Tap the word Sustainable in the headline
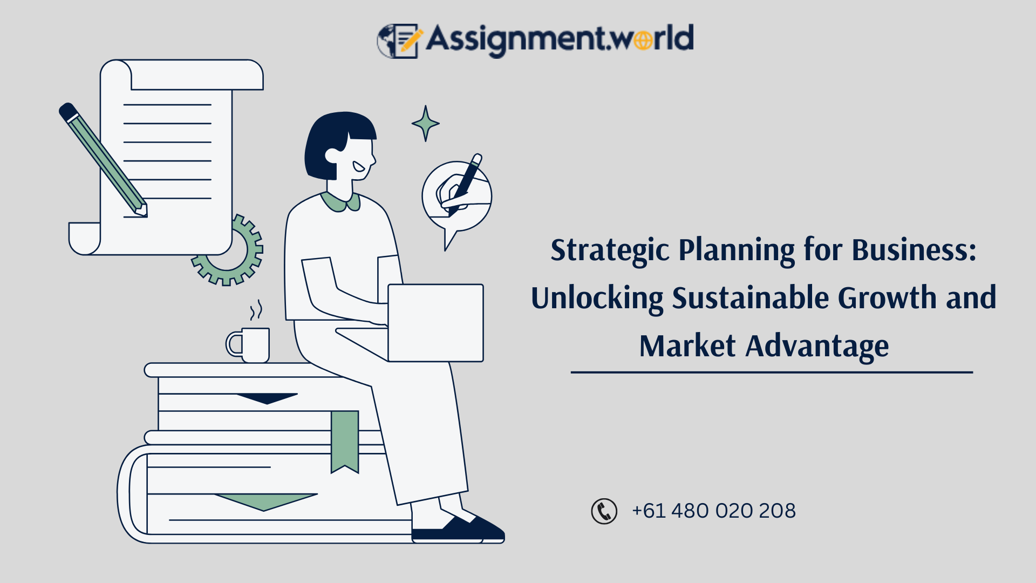pyautogui.click(x=750, y=298)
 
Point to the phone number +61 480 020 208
pyautogui.click(x=713, y=511)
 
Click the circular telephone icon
pyautogui.click(x=604, y=511)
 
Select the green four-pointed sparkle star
pyautogui.click(x=426, y=124)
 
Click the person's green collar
pyautogui.click(x=341, y=202)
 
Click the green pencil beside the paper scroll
pyautogui.click(x=103, y=159)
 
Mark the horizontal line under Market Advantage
pyautogui.click(x=772, y=372)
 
